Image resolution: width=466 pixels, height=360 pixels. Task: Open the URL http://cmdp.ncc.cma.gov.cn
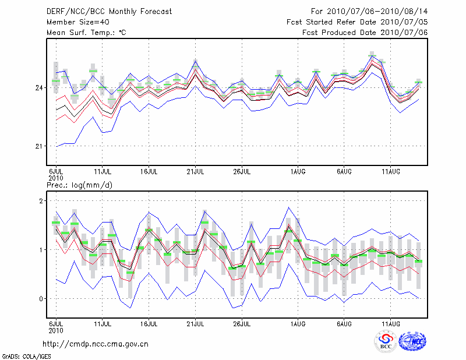click(x=96, y=344)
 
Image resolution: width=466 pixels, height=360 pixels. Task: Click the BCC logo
click(x=386, y=342)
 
